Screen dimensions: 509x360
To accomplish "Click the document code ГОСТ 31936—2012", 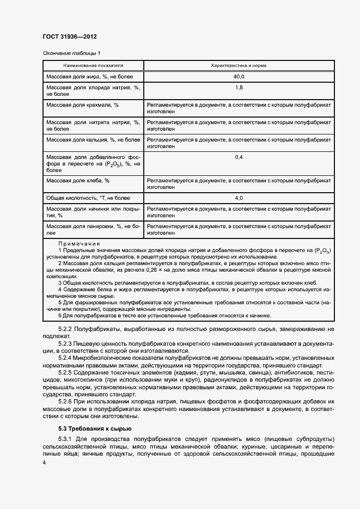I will click(x=69, y=37).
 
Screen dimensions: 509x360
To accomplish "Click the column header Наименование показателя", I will click(x=93, y=65).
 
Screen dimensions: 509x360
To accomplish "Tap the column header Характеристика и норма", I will click(x=239, y=65).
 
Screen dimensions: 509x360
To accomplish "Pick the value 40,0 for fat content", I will click(x=239, y=77).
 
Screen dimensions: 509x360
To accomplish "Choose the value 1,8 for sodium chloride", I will click(x=239, y=88).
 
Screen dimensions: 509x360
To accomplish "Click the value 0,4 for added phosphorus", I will click(x=239, y=157).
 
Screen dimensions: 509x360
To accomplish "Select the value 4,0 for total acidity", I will click(x=239, y=198).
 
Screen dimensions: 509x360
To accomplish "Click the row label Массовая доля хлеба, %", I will click(x=78, y=181).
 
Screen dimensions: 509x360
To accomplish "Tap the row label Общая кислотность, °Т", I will click(x=86, y=198).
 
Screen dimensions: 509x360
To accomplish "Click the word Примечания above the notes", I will click(x=80, y=244).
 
